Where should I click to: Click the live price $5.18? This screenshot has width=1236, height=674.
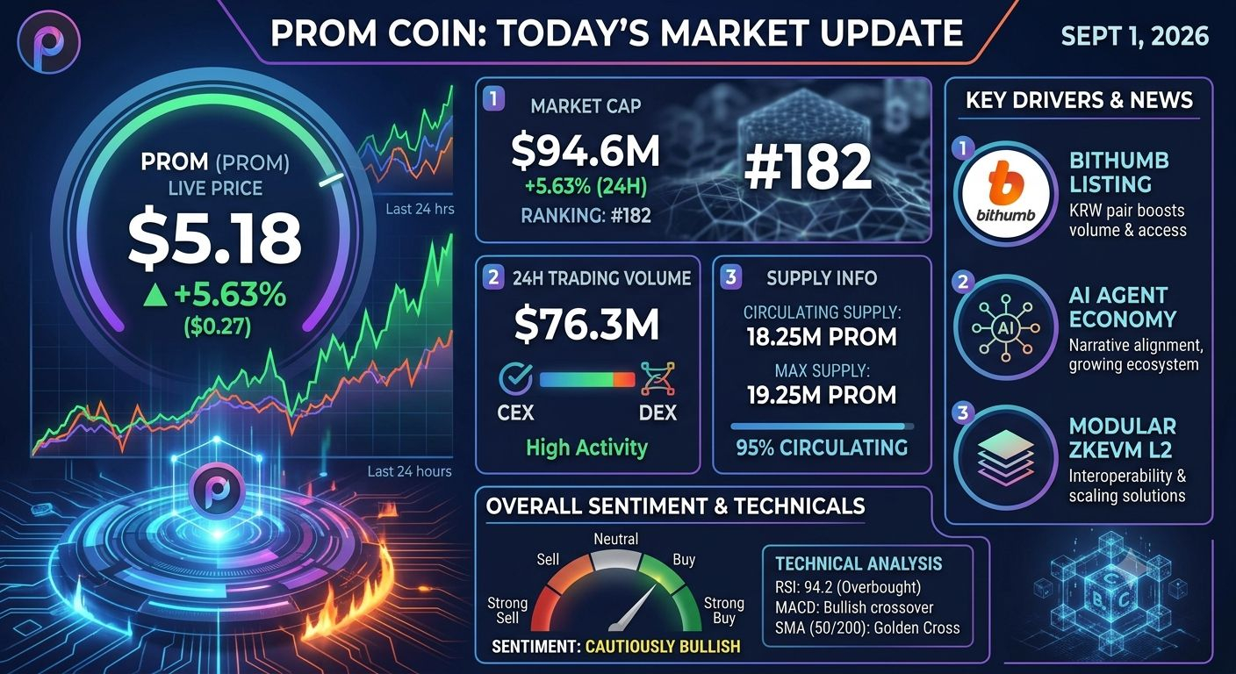coord(215,239)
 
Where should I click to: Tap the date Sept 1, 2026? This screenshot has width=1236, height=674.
coord(1134,36)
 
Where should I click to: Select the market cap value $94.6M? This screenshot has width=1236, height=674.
coord(586,151)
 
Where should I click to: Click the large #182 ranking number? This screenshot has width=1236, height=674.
coord(808,166)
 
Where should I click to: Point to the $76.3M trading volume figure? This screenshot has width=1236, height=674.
coord(586,325)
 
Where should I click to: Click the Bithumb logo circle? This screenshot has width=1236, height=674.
coord(1005,194)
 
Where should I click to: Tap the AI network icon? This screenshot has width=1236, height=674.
coord(1005,327)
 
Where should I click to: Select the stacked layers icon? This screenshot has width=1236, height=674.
coord(1005,457)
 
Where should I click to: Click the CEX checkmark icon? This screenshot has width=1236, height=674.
coord(515,379)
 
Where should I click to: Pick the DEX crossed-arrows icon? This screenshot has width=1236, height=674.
coord(658,379)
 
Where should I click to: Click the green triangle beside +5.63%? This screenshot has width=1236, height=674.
coord(155,296)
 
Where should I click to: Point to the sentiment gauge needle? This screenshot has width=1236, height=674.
coord(635,606)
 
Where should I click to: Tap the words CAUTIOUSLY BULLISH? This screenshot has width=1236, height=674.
coord(663,646)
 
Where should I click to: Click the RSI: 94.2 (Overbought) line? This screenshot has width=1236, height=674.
coord(848,587)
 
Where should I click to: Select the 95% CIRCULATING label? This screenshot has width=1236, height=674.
coord(822,448)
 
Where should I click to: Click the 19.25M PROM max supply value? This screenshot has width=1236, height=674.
coord(822,395)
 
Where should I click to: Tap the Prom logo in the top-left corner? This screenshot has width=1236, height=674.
coord(48,42)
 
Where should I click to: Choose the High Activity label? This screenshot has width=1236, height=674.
coord(586,448)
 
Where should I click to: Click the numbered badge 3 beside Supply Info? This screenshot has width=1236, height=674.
coord(730,276)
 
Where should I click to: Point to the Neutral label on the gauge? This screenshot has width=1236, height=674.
coord(615,539)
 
